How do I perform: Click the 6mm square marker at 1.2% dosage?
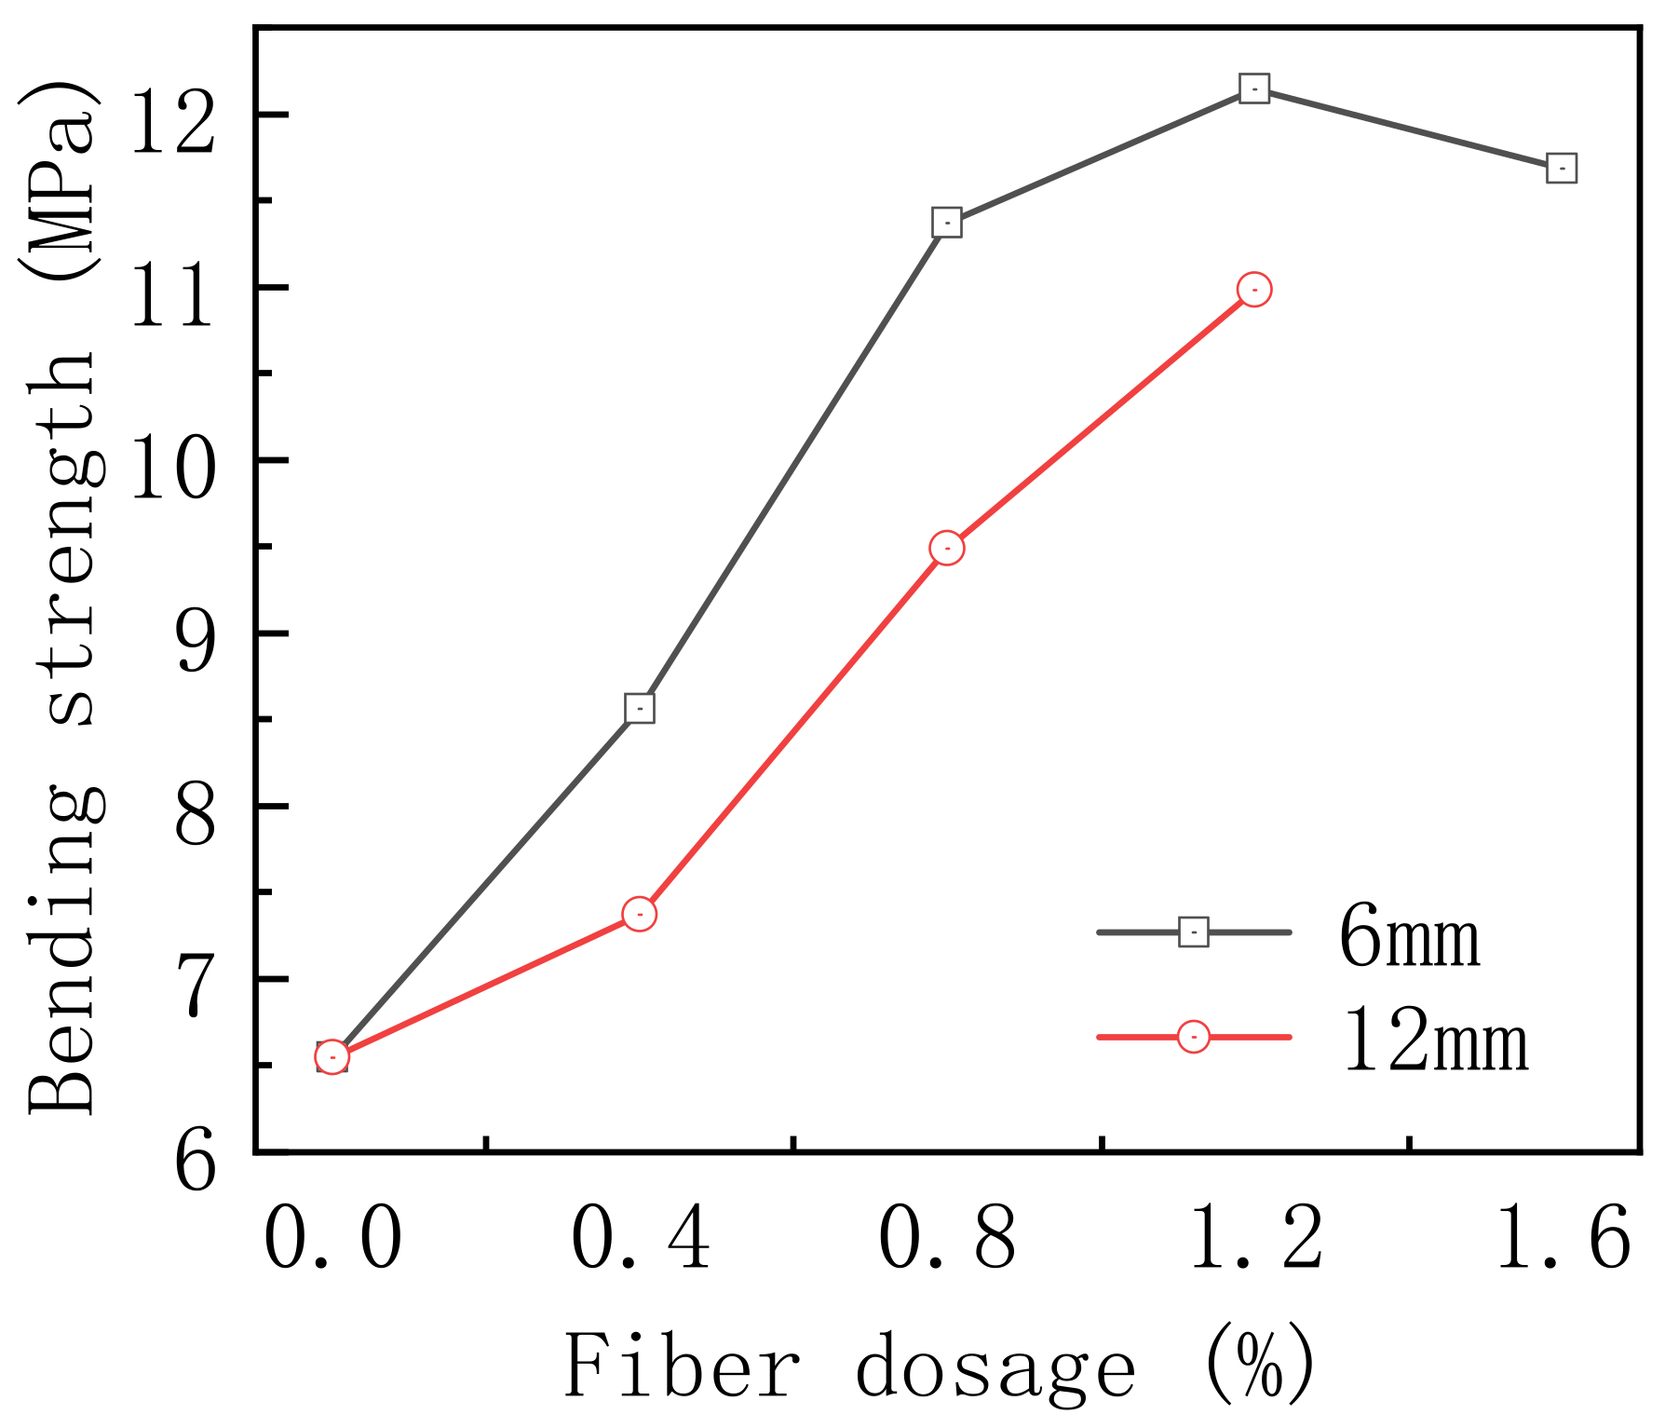[x=1254, y=88]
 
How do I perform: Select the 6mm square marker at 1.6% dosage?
[x=1562, y=169]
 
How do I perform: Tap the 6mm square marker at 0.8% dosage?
[x=946, y=223]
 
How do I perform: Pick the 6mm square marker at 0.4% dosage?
[x=639, y=708]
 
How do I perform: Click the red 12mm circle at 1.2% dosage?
[x=1254, y=290]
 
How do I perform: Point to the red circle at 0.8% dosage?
[x=946, y=548]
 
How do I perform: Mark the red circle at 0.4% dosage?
[x=639, y=914]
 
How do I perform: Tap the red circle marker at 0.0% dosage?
[x=332, y=1056]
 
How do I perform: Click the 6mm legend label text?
[x=1409, y=937]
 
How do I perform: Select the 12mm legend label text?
[x=1435, y=1042]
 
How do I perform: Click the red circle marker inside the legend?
[x=1194, y=1037]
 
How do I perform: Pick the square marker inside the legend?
[x=1194, y=932]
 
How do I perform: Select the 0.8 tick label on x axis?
[x=946, y=1240]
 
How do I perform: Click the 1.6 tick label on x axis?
[x=1562, y=1240]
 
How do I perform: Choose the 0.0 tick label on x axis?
[x=332, y=1240]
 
